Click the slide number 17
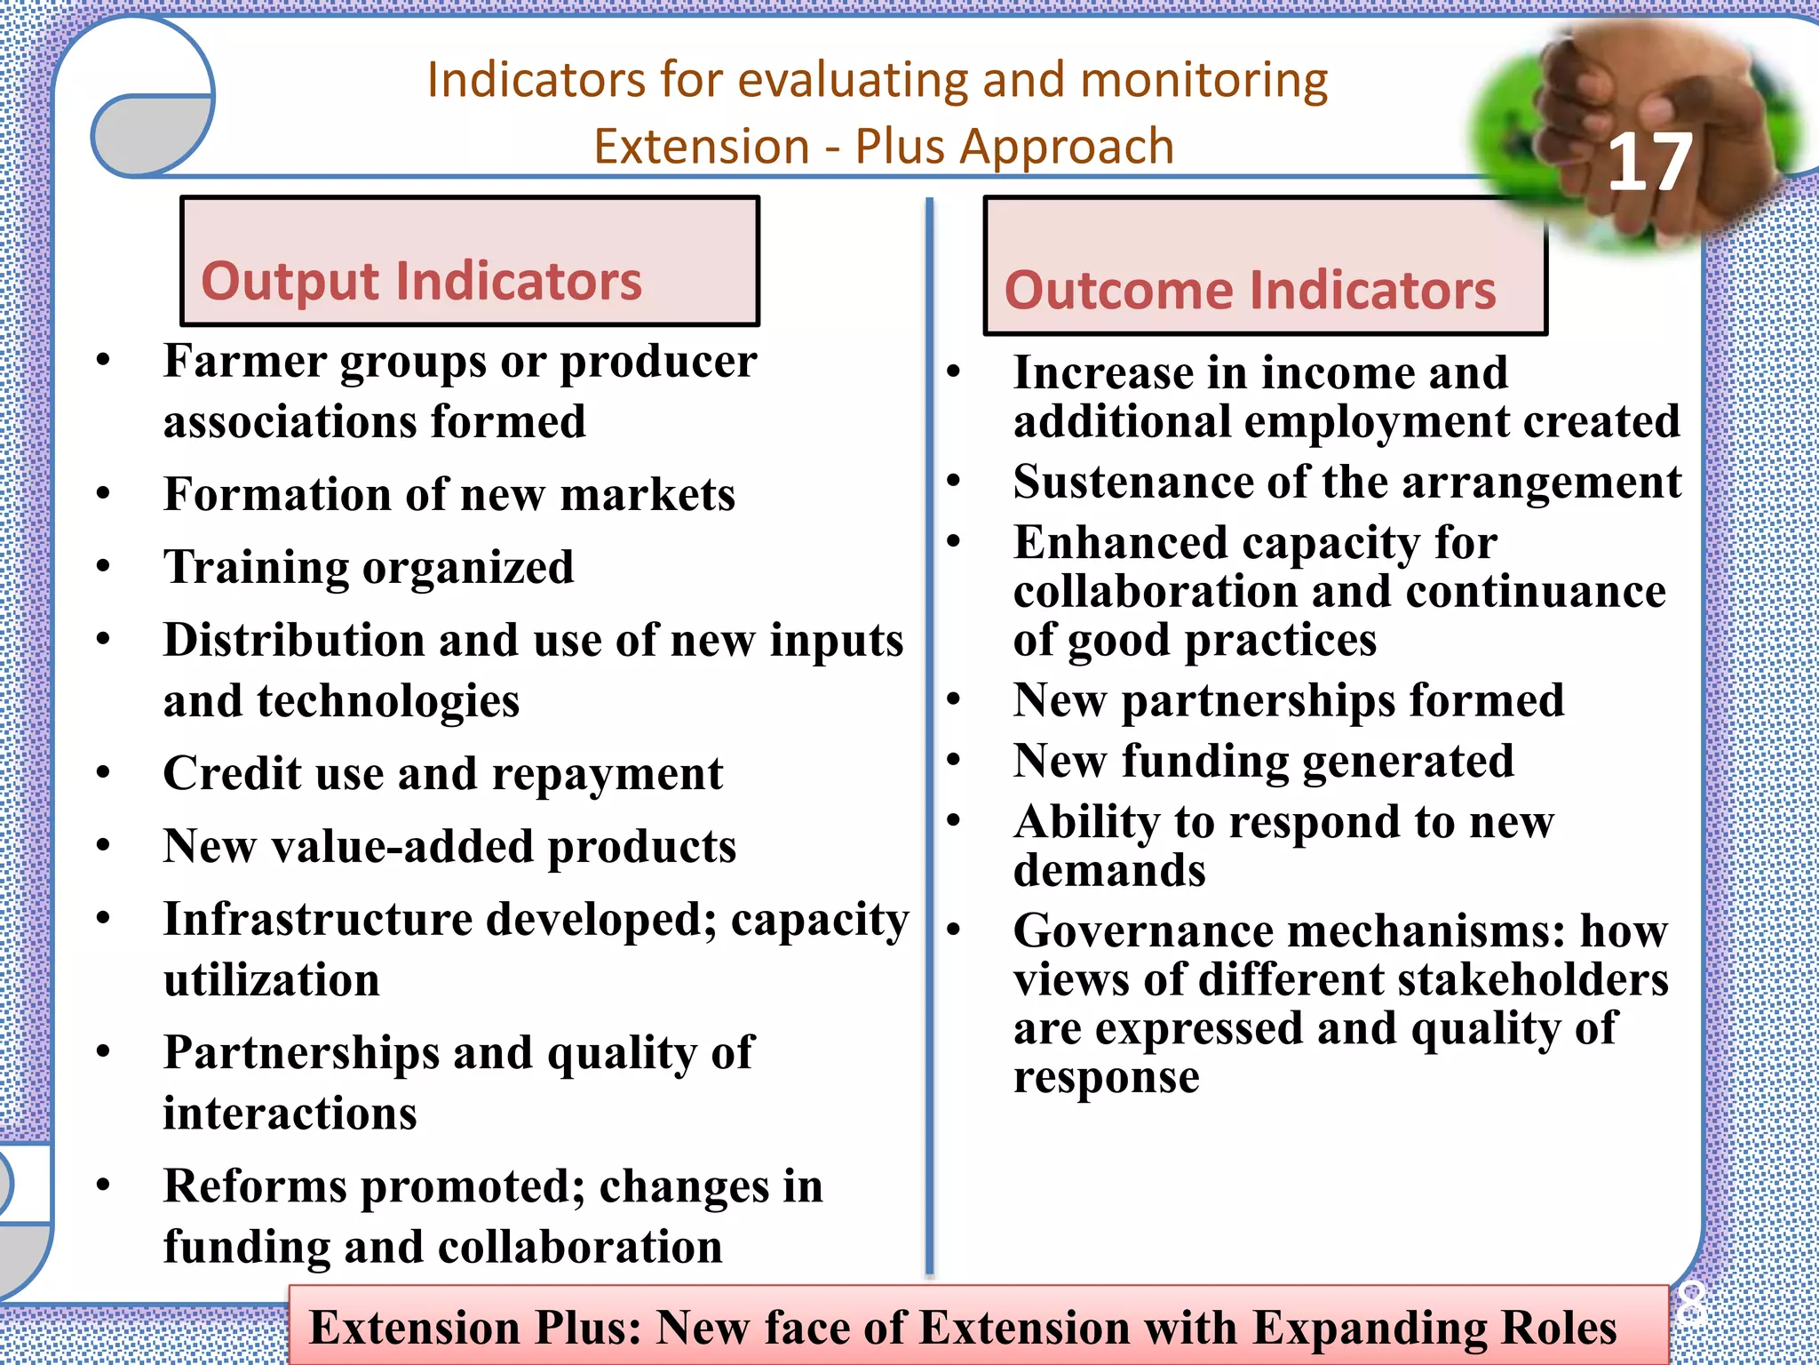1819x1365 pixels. click(1649, 163)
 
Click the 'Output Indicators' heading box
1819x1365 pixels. click(469, 261)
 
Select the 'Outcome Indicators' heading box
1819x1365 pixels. click(1264, 267)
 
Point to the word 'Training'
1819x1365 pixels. click(256, 568)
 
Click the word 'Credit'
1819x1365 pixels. click(232, 773)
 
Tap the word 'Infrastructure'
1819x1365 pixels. click(318, 919)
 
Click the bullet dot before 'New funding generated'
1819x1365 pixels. click(954, 760)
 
